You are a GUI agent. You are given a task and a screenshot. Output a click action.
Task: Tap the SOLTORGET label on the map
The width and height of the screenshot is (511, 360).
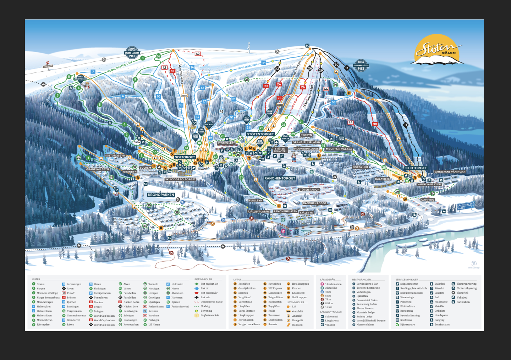point(185,157)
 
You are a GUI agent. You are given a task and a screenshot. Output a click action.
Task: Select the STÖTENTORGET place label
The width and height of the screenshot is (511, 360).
point(260,134)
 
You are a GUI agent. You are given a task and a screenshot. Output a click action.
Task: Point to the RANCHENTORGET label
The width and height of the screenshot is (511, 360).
point(280,178)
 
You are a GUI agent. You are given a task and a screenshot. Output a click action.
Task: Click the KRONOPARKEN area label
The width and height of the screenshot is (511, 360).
point(161,195)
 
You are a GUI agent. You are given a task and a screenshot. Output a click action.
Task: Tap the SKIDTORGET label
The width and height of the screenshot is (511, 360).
point(416,168)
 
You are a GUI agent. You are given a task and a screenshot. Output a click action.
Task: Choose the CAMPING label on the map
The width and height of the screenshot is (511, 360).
point(428,200)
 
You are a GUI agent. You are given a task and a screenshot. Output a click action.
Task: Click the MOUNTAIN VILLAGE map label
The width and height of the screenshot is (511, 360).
point(339,149)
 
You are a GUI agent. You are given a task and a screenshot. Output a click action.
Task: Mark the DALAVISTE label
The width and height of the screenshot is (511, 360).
point(382,179)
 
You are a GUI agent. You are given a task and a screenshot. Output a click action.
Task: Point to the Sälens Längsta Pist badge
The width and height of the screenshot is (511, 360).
point(132,53)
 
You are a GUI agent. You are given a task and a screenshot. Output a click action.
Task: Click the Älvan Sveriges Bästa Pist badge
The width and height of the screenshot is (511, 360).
point(361,66)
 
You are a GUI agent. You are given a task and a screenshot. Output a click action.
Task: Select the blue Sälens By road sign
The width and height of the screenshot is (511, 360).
point(465,206)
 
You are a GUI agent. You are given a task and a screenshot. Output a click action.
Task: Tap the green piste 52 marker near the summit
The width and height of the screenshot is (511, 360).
point(159,56)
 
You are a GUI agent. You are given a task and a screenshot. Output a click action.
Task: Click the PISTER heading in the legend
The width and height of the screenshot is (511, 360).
point(36,279)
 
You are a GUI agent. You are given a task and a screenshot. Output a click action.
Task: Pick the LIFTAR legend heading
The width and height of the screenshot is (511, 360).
point(237,279)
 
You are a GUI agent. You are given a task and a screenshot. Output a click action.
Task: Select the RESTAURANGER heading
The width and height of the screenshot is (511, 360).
point(361,279)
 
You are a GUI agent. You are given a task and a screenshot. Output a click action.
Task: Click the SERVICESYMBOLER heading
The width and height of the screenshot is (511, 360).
point(407,279)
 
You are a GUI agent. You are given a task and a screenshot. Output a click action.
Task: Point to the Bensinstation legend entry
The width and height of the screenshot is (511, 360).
point(442,324)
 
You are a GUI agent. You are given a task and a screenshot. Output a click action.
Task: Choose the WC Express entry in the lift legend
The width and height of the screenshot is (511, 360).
point(275,288)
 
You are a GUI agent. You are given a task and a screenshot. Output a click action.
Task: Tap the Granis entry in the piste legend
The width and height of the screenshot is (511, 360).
point(40,284)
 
